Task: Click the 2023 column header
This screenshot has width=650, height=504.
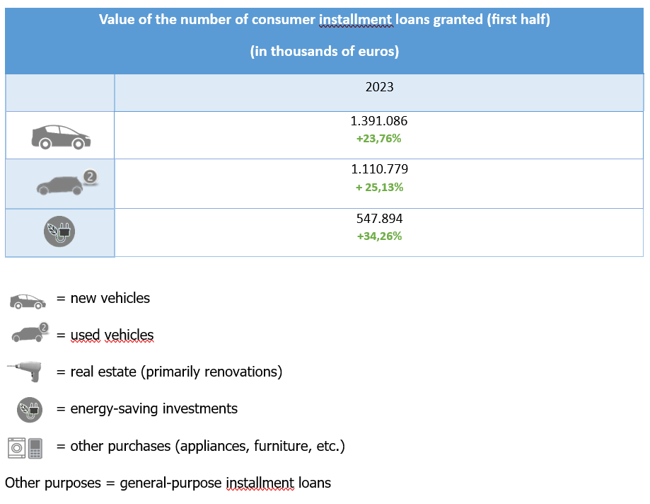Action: point(379,88)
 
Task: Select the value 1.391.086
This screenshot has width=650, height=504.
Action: point(379,121)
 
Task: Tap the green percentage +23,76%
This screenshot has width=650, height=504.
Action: point(379,139)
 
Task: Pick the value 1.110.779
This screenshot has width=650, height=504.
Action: point(379,170)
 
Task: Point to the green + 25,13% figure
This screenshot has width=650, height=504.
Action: point(379,188)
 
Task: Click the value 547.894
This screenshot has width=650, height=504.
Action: point(379,219)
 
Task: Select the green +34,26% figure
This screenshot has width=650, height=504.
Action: point(379,236)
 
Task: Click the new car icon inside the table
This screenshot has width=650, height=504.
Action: point(61,136)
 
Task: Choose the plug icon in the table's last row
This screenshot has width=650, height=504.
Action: point(59,232)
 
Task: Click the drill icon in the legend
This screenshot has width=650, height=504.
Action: point(26,371)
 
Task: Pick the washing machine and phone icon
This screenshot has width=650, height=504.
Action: point(25,447)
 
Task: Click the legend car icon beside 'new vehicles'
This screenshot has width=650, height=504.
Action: point(27,300)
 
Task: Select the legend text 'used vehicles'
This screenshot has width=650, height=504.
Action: point(112,335)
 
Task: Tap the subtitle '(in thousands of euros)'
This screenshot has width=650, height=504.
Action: point(325,52)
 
